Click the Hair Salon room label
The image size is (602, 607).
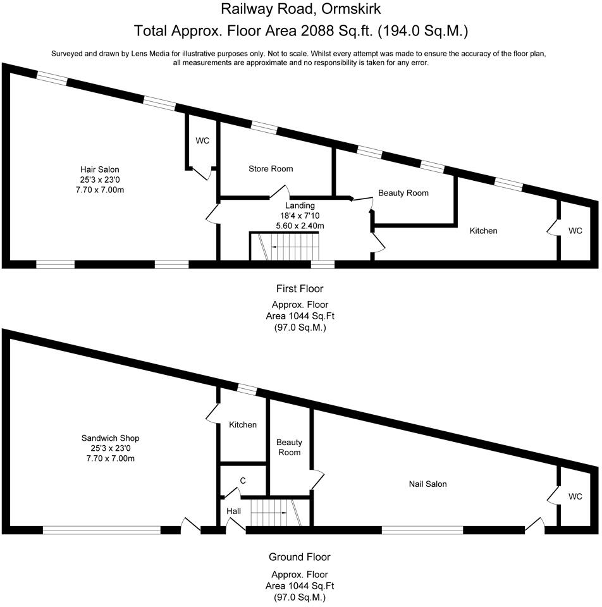point(99,169)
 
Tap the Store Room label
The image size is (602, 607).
point(271,169)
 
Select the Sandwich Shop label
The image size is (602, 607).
point(110,438)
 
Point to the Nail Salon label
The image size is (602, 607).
point(427,484)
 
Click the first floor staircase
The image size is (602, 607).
point(286,246)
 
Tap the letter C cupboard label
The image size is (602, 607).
point(242,481)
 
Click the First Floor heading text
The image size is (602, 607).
point(299,289)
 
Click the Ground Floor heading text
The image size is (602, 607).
point(299,557)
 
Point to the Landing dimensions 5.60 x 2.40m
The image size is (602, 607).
point(300,226)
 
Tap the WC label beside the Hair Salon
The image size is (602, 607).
point(202,140)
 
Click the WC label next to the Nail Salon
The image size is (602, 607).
point(575,497)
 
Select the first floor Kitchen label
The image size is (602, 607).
point(483,231)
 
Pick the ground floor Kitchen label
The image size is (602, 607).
point(243,425)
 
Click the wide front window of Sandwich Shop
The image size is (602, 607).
point(102,530)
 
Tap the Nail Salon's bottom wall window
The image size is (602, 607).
point(422,530)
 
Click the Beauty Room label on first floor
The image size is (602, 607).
point(403,193)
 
